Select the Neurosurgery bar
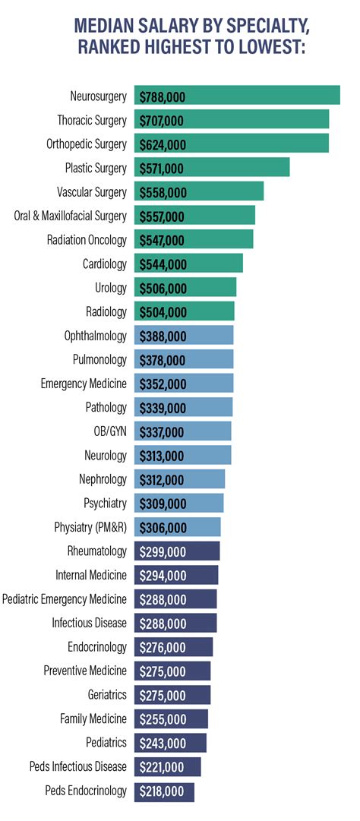237,96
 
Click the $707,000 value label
163,121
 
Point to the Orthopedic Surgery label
86,144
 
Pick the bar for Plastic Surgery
212,168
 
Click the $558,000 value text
163,192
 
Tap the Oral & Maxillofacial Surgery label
71,216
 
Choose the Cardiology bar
188,264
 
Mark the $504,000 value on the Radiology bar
163,312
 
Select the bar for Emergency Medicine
184,384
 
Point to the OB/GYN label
110,431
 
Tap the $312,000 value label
163,480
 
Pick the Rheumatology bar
177,551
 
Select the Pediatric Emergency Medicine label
65,599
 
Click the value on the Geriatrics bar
163,695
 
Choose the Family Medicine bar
171,719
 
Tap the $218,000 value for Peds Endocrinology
163,791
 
